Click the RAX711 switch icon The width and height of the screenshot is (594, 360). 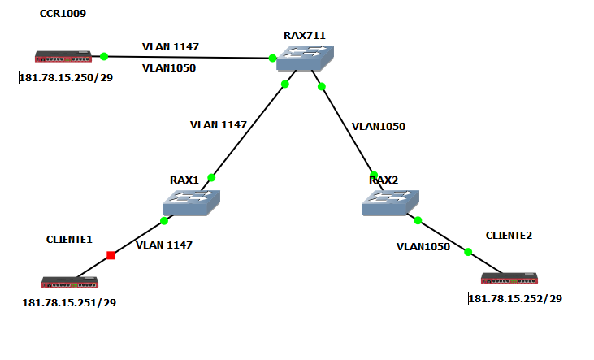click(x=303, y=57)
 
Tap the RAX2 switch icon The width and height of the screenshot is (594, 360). click(x=391, y=202)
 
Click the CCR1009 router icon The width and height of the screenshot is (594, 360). click(x=63, y=57)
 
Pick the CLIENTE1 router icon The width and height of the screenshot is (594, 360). click(x=70, y=282)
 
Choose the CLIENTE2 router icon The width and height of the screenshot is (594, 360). click(x=509, y=278)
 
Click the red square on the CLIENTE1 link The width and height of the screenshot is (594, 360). click(x=111, y=256)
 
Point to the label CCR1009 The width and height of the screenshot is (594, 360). click(x=63, y=14)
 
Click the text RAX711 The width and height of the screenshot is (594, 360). click(x=305, y=35)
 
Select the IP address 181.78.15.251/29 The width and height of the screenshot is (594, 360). click(x=69, y=303)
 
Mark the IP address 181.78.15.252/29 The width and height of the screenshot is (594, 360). click(x=515, y=298)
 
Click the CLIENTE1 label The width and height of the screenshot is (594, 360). click(x=69, y=240)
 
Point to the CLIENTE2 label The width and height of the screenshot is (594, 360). click(x=509, y=235)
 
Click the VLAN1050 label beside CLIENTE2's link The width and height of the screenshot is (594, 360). click(x=423, y=246)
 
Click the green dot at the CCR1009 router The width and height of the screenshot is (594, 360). click(x=104, y=56)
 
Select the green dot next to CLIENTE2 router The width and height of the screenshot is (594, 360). click(x=468, y=252)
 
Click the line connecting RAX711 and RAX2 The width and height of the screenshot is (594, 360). click(x=348, y=130)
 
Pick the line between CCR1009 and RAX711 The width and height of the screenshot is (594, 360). click(x=187, y=57)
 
